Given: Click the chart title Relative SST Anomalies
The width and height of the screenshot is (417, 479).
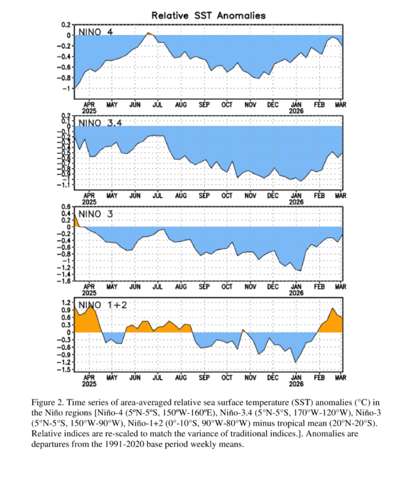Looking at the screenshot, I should tap(208, 14).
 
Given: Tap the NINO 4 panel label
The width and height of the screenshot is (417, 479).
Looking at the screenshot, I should tap(96, 32).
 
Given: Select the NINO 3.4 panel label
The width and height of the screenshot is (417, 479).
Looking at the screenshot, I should tap(100, 123).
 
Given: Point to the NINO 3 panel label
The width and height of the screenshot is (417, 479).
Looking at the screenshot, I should tap(96, 214).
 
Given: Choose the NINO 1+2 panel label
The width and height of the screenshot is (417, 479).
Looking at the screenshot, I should tap(101, 305).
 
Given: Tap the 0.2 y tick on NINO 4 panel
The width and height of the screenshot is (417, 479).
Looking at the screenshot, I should tap(67, 25).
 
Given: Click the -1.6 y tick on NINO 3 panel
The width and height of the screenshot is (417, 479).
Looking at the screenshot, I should tap(65, 281).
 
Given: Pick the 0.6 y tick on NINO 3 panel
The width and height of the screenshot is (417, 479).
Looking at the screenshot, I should tap(66, 207).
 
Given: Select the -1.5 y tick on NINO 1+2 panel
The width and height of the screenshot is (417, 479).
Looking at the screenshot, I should tap(65, 370).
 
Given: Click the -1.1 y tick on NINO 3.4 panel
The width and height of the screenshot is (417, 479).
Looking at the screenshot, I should tap(65, 185).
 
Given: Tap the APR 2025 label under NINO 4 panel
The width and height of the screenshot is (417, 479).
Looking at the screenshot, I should tap(89, 107).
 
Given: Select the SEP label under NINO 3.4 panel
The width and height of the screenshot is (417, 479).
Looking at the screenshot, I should tap(204, 195).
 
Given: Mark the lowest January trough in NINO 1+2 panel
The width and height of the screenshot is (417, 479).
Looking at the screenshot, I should tap(295, 362).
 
